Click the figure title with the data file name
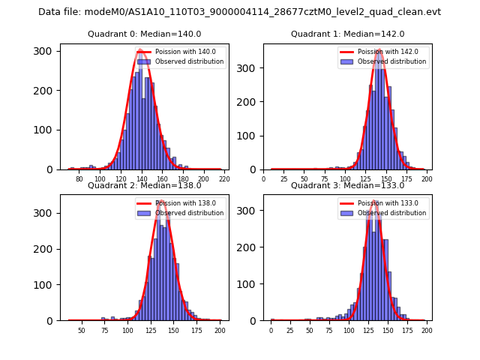(x=239, y=12)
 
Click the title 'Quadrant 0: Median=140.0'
(x=144, y=34)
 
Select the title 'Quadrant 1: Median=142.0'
(x=347, y=34)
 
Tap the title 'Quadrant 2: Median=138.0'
(x=144, y=185)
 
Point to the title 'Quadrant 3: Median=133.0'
(x=347, y=185)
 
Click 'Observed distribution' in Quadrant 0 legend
(x=190, y=61)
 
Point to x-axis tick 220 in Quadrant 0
(x=224, y=179)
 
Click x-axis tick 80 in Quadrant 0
(x=79, y=179)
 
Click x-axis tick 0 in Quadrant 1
(x=263, y=179)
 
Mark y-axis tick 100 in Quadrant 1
(x=252, y=135)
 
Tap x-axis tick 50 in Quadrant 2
(x=82, y=330)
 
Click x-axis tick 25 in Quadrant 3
(x=290, y=330)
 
